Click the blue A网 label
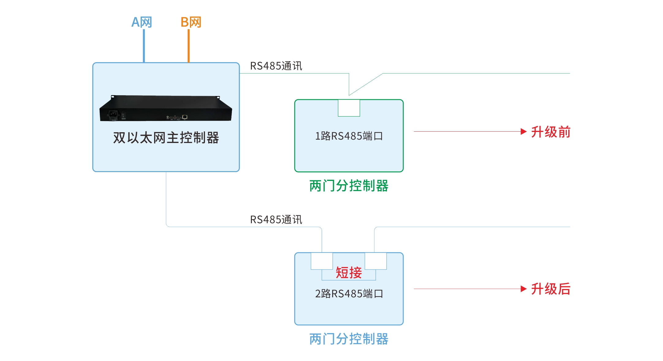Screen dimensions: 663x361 142,22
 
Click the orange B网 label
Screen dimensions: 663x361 191,22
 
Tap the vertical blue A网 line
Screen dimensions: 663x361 144,46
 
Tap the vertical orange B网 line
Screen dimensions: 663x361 188,46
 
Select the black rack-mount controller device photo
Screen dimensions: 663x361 166,108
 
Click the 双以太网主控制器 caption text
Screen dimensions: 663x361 166,138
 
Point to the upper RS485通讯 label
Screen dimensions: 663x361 276,66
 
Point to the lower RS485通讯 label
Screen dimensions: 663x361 276,220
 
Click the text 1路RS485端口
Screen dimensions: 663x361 349,136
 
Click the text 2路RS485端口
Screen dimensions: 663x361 349,294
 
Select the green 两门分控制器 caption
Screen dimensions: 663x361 349,186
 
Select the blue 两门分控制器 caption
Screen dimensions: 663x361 349,339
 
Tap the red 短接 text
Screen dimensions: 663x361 349,273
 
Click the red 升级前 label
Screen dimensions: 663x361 551,132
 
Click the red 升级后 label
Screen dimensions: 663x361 551,289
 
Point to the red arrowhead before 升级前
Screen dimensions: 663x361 524,132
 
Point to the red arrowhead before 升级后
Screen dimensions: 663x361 524,289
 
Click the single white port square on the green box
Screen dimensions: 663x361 349,108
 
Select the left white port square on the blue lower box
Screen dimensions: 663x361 322,261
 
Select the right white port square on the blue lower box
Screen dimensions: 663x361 376,261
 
